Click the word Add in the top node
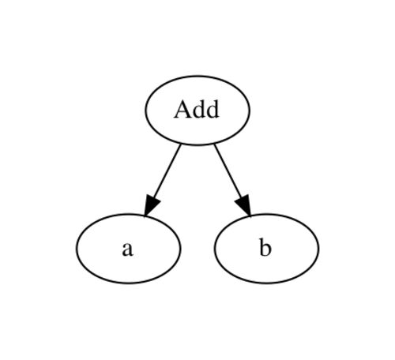197,110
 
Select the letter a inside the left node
128,249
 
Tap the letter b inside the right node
265,247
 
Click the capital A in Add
182,109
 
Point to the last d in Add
213,110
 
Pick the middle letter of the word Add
198,110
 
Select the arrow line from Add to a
163,180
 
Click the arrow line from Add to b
232,180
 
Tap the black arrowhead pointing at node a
151,205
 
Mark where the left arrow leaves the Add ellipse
181,144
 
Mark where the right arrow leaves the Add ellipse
214,144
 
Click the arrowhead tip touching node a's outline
145,216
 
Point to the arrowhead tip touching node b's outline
250,216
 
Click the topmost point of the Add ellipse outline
197,76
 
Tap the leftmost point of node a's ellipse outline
77,249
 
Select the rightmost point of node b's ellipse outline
318,249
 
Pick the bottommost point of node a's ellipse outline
129,283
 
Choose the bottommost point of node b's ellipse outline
266,283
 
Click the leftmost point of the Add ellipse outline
145,111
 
